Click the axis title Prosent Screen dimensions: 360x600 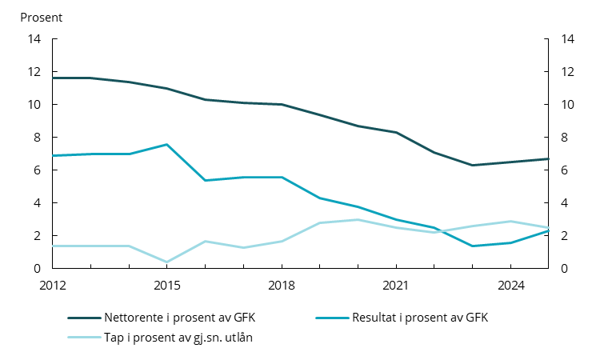[41, 17]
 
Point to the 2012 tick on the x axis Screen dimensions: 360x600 [52, 285]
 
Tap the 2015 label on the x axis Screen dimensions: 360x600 [166, 285]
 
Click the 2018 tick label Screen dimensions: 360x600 [282, 285]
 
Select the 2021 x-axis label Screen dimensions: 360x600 [396, 285]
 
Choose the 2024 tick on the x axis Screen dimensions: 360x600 [510, 285]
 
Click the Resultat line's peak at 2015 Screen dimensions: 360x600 [166, 145]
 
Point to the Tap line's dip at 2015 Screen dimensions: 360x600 [166, 262]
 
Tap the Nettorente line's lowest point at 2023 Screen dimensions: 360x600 [472, 166]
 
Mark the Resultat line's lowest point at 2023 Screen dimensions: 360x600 [472, 246]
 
